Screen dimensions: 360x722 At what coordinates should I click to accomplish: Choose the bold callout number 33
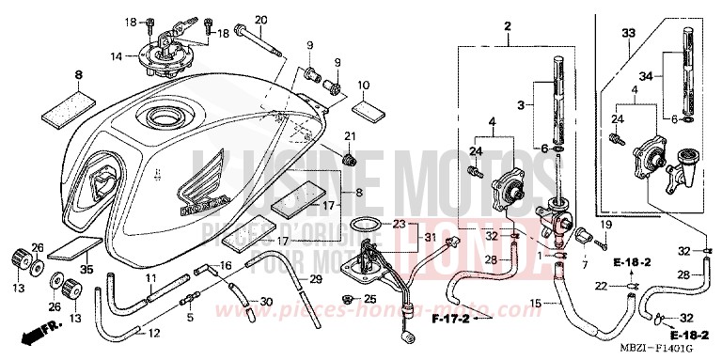(x=626, y=33)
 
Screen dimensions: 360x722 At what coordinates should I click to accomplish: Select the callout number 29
(x=317, y=280)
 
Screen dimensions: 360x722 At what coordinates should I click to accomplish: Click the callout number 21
(x=349, y=137)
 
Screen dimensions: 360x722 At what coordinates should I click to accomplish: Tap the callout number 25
(x=370, y=299)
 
